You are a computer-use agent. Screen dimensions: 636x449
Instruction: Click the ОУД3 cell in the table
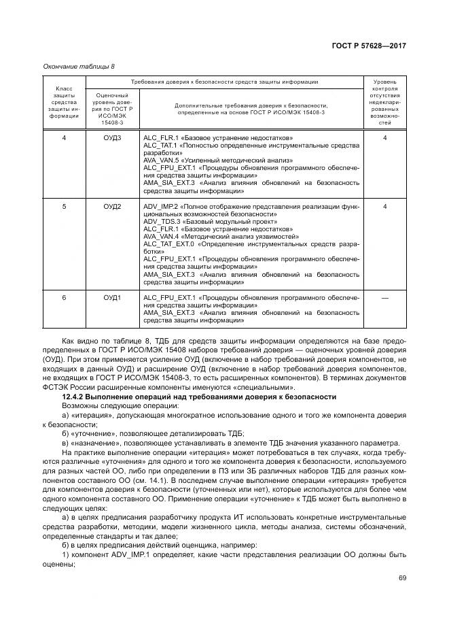point(112,138)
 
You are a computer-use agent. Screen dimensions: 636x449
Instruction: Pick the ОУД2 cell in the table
point(112,206)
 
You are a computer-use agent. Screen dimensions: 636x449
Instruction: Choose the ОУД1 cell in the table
point(112,297)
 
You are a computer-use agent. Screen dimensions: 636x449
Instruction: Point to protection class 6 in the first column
point(64,297)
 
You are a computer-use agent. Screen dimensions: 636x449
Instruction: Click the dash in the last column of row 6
point(384,297)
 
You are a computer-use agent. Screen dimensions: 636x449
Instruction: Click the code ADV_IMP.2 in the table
point(160,206)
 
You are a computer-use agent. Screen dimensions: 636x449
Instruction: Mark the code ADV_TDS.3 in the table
point(160,221)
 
